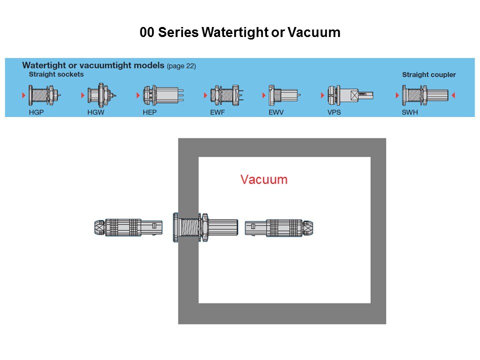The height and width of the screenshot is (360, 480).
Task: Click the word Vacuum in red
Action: pyautogui.click(x=264, y=179)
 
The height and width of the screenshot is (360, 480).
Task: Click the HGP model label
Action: pyautogui.click(x=36, y=112)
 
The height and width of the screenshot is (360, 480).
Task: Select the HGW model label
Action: pyautogui.click(x=95, y=112)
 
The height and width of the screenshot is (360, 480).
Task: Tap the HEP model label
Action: pyautogui.click(x=149, y=112)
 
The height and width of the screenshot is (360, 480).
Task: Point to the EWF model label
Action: pyautogui.click(x=217, y=112)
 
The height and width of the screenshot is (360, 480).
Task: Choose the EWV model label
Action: pyautogui.click(x=275, y=112)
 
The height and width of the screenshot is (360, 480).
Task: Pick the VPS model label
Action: pyautogui.click(x=334, y=112)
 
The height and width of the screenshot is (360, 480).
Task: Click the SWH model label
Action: pyautogui.click(x=410, y=112)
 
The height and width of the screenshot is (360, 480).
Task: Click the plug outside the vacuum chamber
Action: pyautogui.click(x=128, y=227)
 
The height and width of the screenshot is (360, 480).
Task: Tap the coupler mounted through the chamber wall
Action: pyautogui.click(x=205, y=227)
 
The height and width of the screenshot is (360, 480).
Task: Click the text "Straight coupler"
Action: pyautogui.click(x=429, y=75)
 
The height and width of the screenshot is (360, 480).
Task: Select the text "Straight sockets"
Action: pyautogui.click(x=56, y=74)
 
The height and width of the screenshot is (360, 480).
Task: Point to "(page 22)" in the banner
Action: pyautogui.click(x=181, y=66)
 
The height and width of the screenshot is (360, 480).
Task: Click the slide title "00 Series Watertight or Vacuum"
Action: pyautogui.click(x=240, y=33)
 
